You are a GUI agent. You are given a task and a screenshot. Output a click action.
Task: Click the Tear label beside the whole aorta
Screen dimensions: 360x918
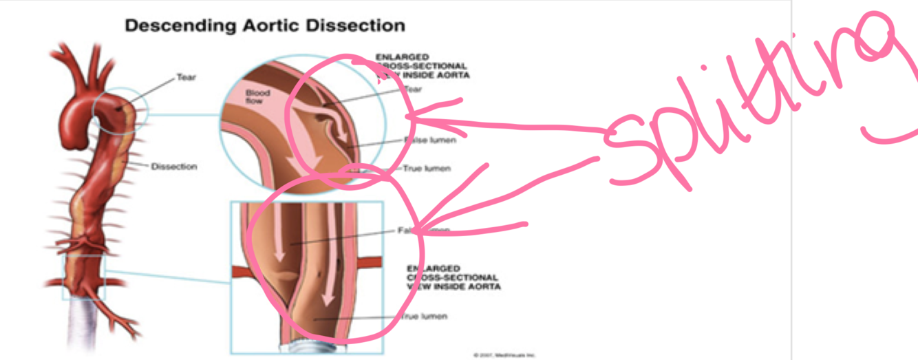(186, 77)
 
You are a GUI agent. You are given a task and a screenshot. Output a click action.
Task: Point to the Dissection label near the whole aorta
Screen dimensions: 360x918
(174, 167)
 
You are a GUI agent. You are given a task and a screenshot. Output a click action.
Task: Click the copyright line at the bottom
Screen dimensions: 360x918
(504, 355)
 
